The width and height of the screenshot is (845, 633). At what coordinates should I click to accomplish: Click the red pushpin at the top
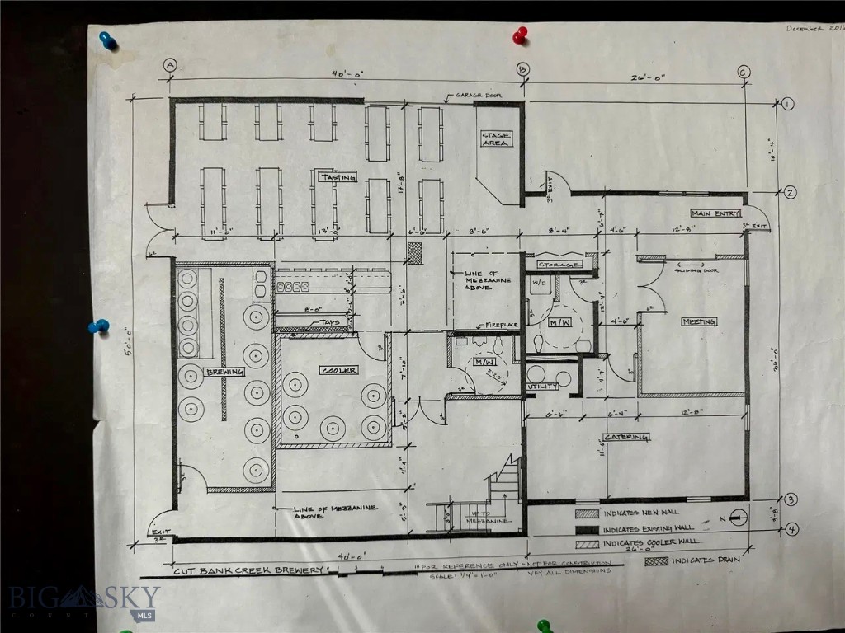[520, 35]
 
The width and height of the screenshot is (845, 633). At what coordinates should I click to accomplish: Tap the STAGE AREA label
[496, 139]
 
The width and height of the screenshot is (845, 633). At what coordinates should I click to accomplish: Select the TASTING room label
[338, 177]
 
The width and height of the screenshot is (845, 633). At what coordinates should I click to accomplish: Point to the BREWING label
[225, 372]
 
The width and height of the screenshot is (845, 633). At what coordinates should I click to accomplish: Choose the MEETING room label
[698, 321]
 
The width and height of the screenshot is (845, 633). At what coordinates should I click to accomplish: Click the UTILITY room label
[544, 386]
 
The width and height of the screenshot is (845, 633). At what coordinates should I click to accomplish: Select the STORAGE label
[555, 265]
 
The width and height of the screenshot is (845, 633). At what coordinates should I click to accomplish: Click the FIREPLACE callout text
[502, 325]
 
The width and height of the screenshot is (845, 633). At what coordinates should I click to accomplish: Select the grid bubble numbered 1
[787, 104]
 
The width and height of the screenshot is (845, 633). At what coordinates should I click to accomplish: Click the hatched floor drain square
[415, 253]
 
